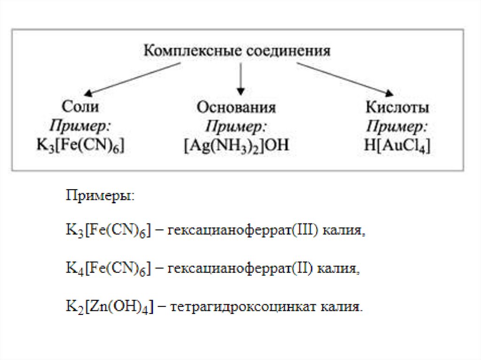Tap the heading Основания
[236, 108]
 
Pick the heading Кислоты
[397, 108]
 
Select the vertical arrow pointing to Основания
[240, 78]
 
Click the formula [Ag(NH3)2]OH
[236, 146]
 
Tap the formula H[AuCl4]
[397, 146]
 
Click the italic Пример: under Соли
[80, 126]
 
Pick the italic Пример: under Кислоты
[397, 126]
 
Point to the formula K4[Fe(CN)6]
[108, 269]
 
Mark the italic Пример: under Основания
[236, 126]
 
